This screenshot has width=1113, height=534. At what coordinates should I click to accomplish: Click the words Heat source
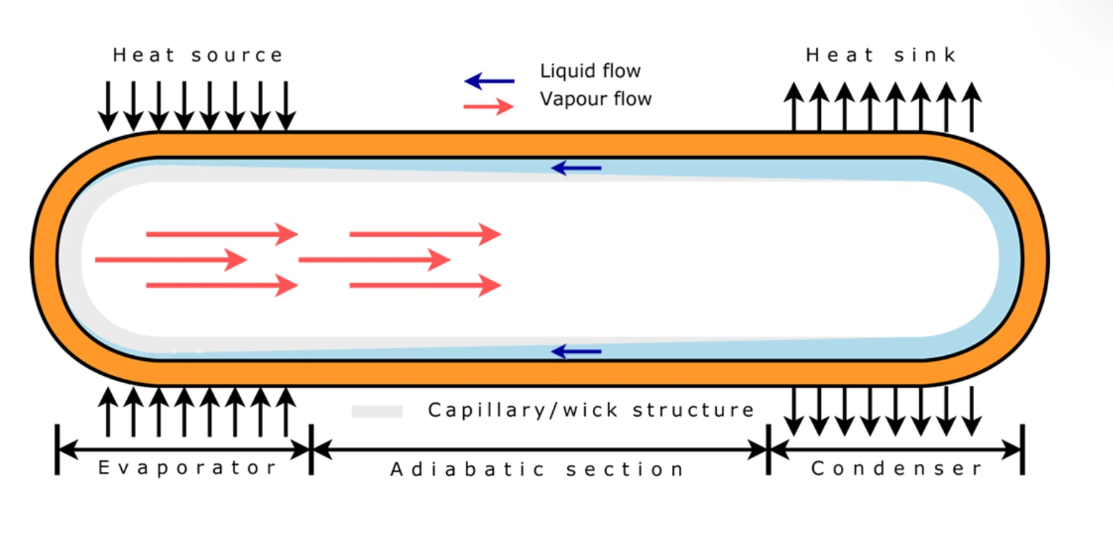(198, 56)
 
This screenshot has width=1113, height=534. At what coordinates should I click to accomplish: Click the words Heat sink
(881, 56)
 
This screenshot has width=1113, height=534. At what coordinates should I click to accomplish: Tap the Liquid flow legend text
(590, 71)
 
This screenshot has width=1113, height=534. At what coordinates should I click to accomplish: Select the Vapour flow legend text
(596, 98)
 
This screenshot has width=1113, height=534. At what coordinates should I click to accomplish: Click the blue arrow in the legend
(489, 80)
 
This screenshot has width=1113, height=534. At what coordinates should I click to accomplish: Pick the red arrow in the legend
(489, 107)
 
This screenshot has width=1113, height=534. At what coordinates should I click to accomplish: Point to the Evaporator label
(187, 468)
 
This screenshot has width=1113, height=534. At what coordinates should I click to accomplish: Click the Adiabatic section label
(537, 470)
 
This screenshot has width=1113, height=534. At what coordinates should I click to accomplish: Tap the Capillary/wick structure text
(591, 411)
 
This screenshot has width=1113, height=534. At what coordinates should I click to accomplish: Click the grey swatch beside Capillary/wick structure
(377, 412)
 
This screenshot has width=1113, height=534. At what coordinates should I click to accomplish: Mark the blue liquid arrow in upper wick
(576, 168)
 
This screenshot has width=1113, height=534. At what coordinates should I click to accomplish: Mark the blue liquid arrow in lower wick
(576, 351)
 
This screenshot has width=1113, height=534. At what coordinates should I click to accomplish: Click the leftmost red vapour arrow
(171, 260)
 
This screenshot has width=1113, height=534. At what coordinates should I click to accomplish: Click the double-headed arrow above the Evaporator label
(184, 449)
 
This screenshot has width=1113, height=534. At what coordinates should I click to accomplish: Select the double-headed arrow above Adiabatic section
(539, 449)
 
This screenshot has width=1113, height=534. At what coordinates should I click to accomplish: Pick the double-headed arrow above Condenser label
(896, 449)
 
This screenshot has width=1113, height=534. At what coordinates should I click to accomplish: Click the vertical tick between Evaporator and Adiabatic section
(311, 449)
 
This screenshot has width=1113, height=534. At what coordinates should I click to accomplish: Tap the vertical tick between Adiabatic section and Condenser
(769, 449)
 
